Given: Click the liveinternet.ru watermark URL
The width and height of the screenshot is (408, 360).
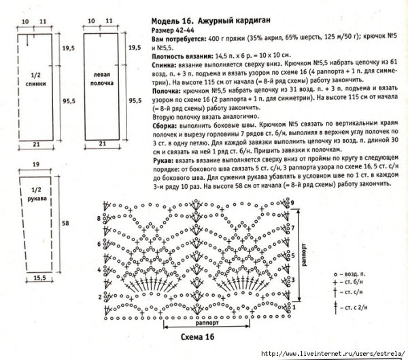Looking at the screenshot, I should click(x=326, y=354).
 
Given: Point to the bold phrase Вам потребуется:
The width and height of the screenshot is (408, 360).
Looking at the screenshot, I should click(x=179, y=40).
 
